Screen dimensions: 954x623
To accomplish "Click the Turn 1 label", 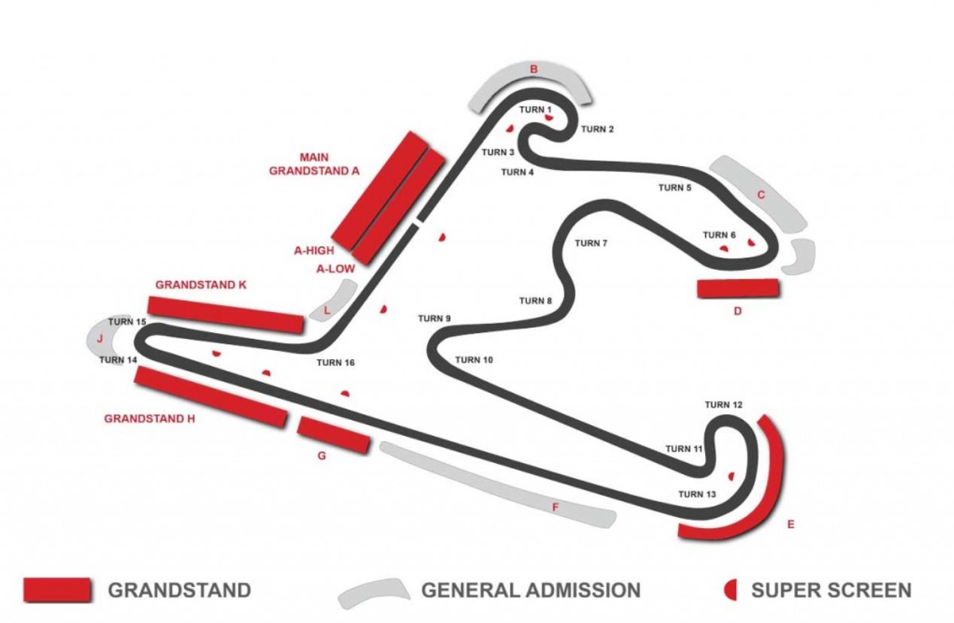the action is click(535, 110).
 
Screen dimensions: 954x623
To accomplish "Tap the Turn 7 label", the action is click(590, 243).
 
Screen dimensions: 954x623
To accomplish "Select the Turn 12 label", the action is click(723, 405).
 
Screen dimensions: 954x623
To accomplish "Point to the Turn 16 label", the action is click(335, 363).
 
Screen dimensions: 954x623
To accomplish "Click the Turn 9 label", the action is click(434, 319).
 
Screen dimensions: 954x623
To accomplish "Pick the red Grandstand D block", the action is click(737, 289).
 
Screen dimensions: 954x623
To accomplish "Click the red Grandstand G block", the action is click(334, 435).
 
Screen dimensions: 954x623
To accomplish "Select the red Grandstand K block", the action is click(226, 314).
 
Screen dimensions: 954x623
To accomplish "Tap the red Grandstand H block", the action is click(210, 397).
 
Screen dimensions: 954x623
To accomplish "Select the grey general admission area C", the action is click(759, 192).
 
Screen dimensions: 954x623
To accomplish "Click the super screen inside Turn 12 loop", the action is click(730, 476).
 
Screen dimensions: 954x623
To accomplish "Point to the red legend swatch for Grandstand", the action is click(57, 590).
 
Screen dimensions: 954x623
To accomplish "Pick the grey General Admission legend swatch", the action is click(372, 592).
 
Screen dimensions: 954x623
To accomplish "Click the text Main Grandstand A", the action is click(314, 164).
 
